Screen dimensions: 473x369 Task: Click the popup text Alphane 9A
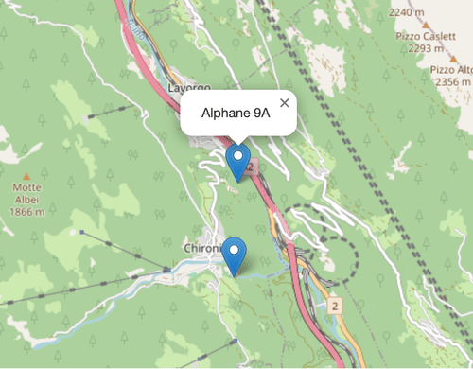click(x=236, y=113)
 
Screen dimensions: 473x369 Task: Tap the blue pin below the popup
click(x=238, y=161)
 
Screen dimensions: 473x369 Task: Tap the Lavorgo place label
click(x=187, y=86)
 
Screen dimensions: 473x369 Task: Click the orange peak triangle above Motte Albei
click(x=26, y=176)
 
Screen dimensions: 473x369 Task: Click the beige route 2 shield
click(x=334, y=307)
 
